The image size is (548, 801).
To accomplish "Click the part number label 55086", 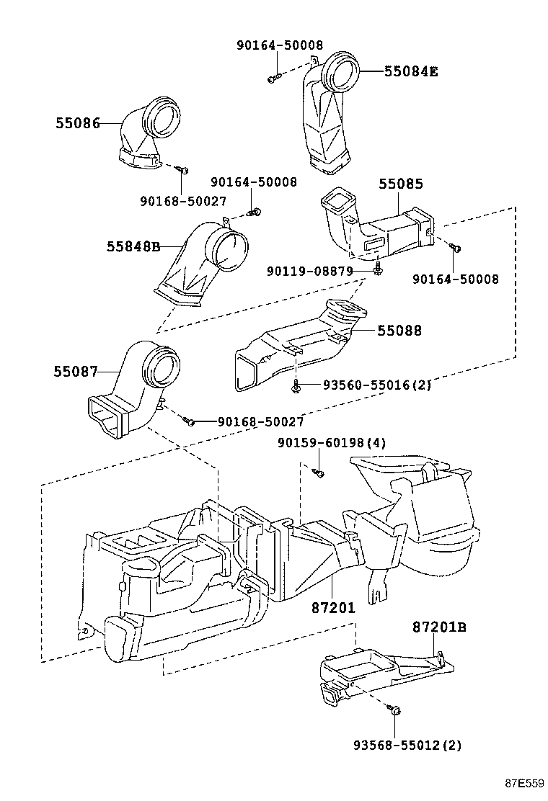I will (x=77, y=123).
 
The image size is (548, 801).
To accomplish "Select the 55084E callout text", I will (x=411, y=71).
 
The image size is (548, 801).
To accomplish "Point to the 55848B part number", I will (x=133, y=246).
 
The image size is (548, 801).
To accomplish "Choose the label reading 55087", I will (x=76, y=372).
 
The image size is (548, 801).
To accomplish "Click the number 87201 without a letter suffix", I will (x=333, y=608).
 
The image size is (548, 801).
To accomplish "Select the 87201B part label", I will (x=440, y=627).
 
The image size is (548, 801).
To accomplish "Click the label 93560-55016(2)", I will (x=371, y=385).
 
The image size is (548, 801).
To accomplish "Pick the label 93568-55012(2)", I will (x=407, y=743).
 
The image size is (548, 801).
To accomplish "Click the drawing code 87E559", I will (x=523, y=783).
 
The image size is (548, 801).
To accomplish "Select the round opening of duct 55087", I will (x=162, y=368).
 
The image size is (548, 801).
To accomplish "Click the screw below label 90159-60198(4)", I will (x=319, y=472).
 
